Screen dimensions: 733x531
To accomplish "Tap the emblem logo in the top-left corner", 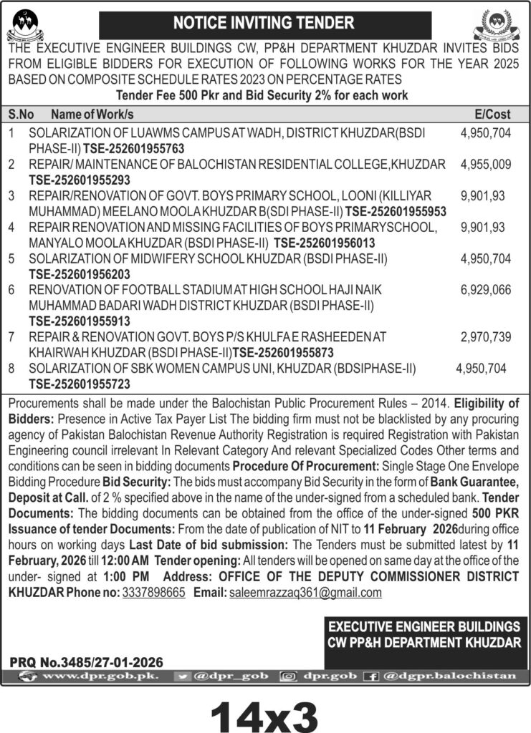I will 25,23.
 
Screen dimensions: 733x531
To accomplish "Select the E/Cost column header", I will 492,115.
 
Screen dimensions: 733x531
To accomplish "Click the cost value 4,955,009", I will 485,164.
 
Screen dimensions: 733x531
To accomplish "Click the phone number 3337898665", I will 153,593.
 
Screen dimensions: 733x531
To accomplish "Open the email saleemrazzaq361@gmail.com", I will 305,593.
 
